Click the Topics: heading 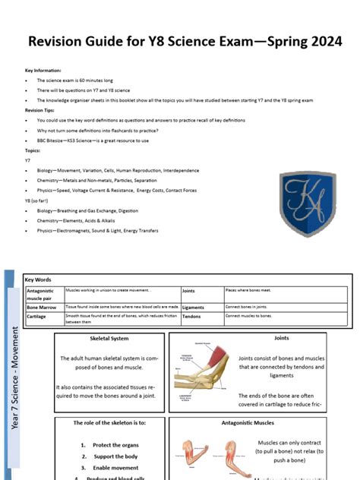tap(33, 150)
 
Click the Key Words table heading tap(39, 279)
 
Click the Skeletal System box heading tap(109, 338)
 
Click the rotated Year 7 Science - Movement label tap(15, 380)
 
